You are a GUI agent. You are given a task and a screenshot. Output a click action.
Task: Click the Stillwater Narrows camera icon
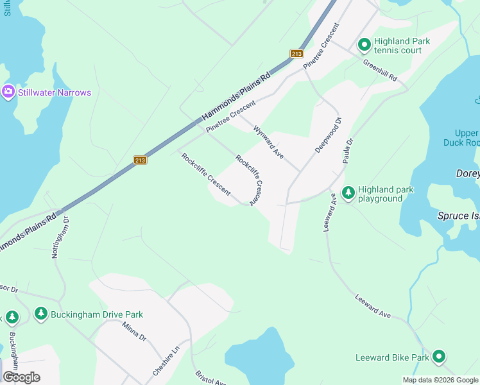tap(8, 92)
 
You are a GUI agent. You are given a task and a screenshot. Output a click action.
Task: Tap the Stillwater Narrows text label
tap(55, 92)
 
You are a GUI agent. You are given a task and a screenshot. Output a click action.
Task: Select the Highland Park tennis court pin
tap(364, 45)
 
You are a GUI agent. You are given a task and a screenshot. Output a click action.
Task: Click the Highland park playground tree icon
tap(348, 193)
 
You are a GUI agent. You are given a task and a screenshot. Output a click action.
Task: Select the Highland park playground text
tap(386, 194)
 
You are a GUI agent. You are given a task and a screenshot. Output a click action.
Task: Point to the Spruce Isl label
tap(458, 216)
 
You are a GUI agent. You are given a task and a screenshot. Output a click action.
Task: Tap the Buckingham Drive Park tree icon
tap(41, 314)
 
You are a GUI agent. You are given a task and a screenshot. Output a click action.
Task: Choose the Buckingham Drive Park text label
tap(98, 314)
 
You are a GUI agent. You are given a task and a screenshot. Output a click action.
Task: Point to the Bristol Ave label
tap(210, 378)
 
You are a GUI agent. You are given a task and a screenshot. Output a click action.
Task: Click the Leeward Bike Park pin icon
tap(439, 357)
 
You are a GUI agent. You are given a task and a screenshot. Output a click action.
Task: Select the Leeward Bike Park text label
tap(392, 357)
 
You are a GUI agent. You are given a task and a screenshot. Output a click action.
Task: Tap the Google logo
tap(21, 377)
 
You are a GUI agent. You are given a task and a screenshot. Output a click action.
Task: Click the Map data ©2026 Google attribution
tap(440, 380)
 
